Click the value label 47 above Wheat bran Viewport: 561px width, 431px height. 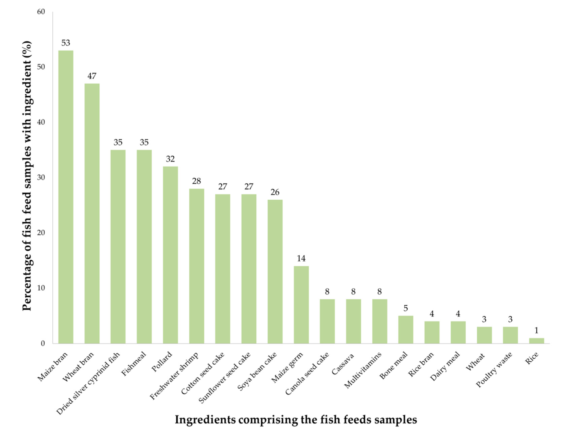(92, 76)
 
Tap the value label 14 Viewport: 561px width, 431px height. (301, 258)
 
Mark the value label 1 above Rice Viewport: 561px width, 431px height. (536, 330)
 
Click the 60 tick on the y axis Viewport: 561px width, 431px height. (41, 12)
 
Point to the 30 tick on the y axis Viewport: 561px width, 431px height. (41, 178)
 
